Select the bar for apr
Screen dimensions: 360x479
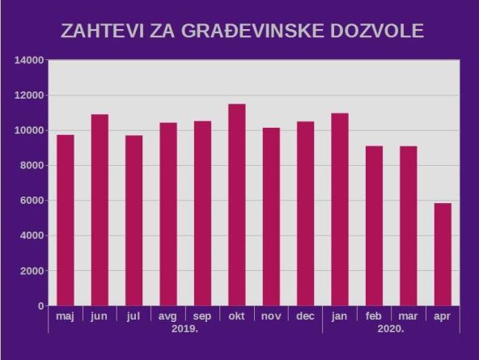click(x=443, y=254)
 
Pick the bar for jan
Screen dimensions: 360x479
click(x=340, y=210)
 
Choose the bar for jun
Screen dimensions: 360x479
click(x=100, y=210)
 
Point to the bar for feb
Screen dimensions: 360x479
click(x=374, y=226)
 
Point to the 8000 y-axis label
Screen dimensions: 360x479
click(x=32, y=166)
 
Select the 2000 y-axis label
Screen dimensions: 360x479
click(x=32, y=271)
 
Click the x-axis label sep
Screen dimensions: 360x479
click(x=202, y=316)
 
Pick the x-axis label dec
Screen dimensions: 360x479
click(x=305, y=316)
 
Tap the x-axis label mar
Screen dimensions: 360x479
click(x=408, y=316)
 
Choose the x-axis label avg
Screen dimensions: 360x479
click(x=167, y=316)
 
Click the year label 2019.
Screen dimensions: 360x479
click(x=185, y=329)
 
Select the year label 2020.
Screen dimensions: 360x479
click(x=391, y=329)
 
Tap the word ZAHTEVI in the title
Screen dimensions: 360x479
click(x=100, y=32)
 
